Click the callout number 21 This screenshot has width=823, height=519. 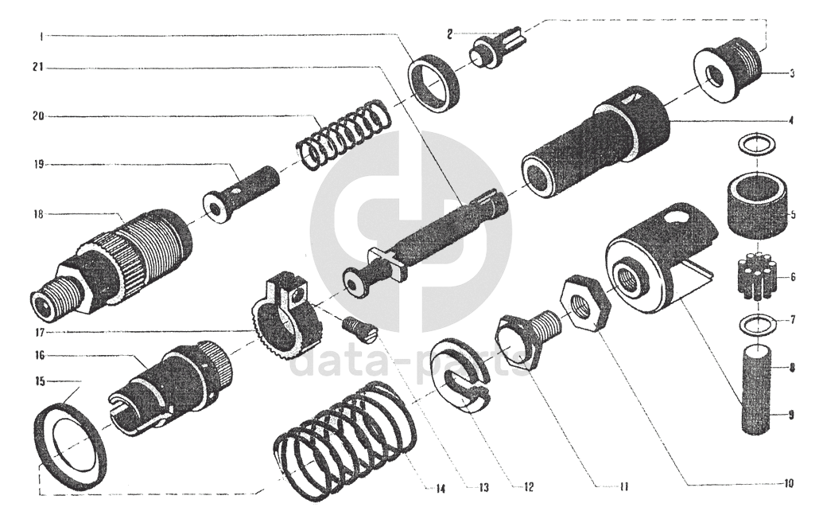click(39, 68)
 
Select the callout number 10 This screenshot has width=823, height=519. click(789, 482)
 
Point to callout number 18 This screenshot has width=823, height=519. click(38, 214)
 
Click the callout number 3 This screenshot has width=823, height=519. click(791, 74)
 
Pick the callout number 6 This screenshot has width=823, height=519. click(792, 277)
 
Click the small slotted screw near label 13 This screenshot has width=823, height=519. click(360, 332)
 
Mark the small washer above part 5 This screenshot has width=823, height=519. click(757, 143)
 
